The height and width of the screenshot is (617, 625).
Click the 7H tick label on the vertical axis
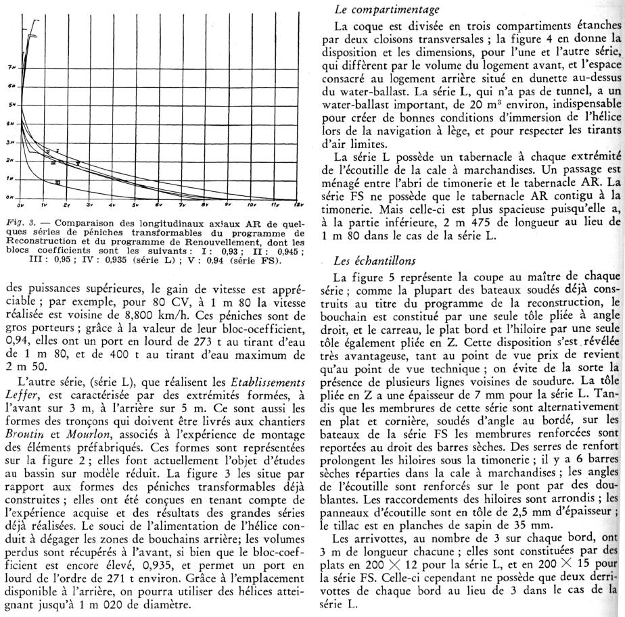point(11,68)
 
